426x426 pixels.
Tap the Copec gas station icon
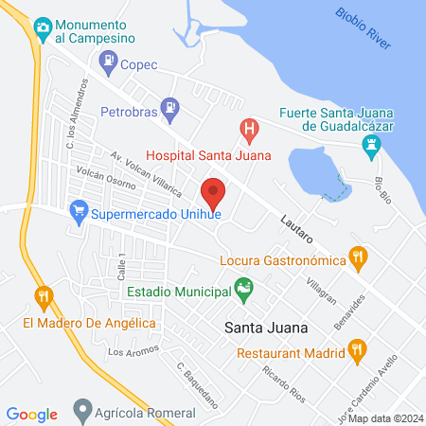coord(106,65)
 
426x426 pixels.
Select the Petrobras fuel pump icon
coord(169,108)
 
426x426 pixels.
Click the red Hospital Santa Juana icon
coord(248,127)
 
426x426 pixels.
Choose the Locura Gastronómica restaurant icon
coord(357,256)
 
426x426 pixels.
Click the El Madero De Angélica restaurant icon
coord(43,296)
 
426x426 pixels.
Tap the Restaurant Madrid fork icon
coord(356,353)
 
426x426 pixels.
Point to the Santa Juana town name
coord(267,328)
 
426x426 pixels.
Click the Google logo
coord(32,414)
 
